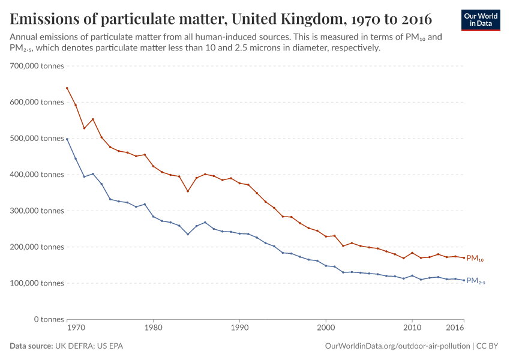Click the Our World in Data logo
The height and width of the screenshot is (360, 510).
(480, 20)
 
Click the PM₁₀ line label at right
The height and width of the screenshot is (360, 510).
(475, 259)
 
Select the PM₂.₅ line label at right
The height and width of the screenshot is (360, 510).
(475, 281)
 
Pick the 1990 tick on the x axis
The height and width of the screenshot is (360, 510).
(239, 328)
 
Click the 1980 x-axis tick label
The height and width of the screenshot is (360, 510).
(153, 328)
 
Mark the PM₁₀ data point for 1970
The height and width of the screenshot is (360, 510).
(67, 88)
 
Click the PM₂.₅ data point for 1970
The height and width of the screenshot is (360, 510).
(67, 139)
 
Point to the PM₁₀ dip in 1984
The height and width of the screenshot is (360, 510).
(188, 191)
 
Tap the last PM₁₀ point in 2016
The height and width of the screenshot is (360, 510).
(464, 258)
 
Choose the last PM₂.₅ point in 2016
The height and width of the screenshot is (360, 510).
(464, 280)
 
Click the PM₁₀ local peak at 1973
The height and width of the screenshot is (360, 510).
(92, 119)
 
